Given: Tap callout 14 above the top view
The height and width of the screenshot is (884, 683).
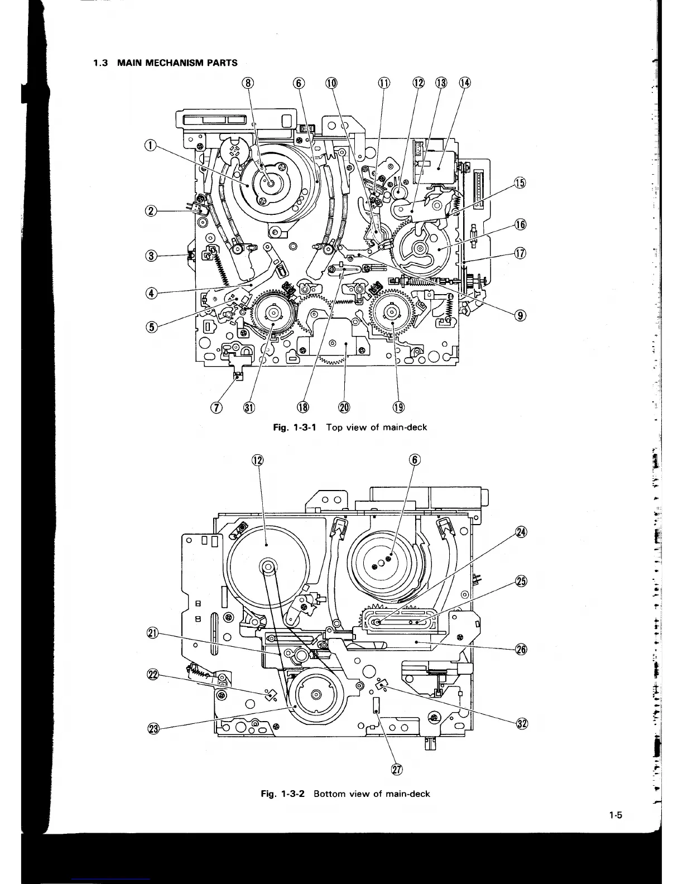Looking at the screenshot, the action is click(464, 83).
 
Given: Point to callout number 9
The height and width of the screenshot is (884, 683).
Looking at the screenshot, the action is click(520, 315).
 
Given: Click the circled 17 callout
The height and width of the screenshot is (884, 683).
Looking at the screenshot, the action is click(520, 254).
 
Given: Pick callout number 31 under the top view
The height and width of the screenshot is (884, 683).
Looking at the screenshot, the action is click(249, 407).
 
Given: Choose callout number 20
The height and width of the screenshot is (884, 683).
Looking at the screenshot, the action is click(344, 407).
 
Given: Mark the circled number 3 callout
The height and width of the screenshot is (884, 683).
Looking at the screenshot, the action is click(150, 256).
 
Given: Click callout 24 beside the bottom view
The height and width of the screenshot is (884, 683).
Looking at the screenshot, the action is click(521, 531).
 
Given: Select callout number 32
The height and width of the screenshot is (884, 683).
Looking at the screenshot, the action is click(521, 724).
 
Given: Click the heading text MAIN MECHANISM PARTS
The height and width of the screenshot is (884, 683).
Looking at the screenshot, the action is click(177, 63).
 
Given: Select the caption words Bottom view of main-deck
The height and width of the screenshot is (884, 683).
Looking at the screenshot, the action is click(372, 794).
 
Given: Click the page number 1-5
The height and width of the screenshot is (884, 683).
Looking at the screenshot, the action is click(615, 815).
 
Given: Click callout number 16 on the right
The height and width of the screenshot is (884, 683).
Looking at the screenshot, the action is click(520, 225).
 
